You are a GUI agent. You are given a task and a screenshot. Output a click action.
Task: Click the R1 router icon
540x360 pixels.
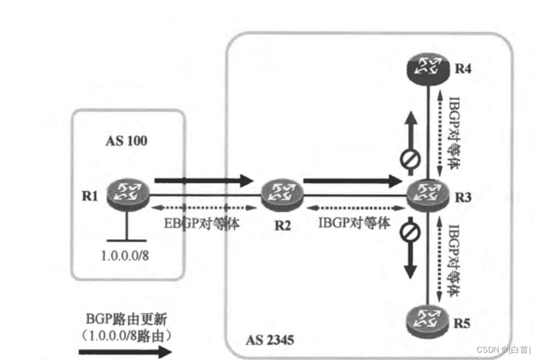point(126,192)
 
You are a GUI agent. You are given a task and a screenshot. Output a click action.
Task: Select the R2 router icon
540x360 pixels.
point(282,194)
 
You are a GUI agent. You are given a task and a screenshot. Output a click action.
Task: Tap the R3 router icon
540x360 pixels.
point(427,196)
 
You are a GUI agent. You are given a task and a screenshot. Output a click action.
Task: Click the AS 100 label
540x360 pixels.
point(126,141)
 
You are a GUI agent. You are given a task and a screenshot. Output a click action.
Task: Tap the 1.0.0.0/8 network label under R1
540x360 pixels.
point(126,255)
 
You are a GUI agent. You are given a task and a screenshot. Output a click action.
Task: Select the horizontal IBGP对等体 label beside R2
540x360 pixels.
point(354,224)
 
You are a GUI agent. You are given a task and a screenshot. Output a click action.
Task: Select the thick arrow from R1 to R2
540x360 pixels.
point(204,181)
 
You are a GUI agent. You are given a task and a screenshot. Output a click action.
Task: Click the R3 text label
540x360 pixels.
point(463,198)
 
